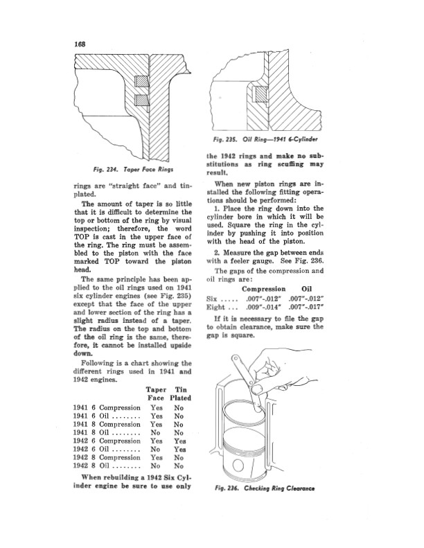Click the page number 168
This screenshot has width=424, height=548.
80,44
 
